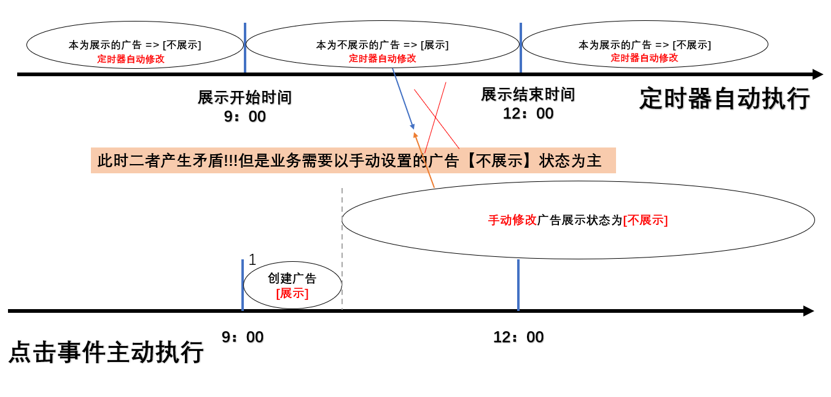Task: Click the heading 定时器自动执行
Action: point(725,98)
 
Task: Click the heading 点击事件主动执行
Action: point(106,353)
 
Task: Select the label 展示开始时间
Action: point(244,98)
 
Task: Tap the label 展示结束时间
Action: point(528,95)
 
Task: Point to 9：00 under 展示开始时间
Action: point(244,117)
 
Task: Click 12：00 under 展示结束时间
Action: point(528,114)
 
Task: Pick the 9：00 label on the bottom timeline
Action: point(243,337)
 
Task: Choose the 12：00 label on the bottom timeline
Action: point(518,337)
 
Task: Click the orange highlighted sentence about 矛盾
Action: point(353,160)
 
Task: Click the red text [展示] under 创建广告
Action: point(292,293)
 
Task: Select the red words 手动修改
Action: point(512,220)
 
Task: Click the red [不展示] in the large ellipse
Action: point(645,220)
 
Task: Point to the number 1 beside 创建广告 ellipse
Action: point(252,260)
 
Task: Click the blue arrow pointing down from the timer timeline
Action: point(404,100)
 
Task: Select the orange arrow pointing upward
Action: point(424,160)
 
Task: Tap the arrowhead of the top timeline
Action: point(817,74)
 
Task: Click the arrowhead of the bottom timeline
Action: point(808,311)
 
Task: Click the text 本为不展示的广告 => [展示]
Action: point(382,45)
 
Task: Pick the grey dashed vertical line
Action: point(342,246)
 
